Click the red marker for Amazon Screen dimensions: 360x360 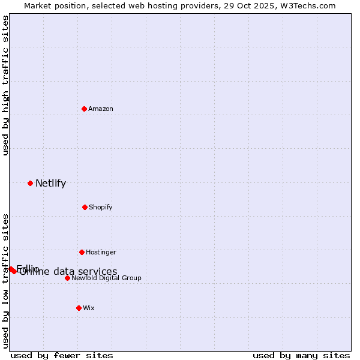(x=84, y=109)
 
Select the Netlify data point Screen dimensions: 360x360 (x=30, y=183)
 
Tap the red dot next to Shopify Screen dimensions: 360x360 (x=85, y=207)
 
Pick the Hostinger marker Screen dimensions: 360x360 (x=82, y=252)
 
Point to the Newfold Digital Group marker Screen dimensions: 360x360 (x=67, y=278)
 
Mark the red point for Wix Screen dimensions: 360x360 (x=79, y=308)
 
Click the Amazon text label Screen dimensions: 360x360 (x=101, y=109)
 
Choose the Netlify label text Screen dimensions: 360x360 (x=50, y=184)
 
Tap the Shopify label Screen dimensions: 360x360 (x=100, y=207)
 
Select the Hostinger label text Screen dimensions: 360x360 (x=101, y=252)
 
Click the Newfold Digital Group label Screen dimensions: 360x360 (x=106, y=278)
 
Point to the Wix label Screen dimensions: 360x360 (x=88, y=308)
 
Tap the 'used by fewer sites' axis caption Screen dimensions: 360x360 (x=62, y=355)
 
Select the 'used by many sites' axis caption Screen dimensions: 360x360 (x=301, y=355)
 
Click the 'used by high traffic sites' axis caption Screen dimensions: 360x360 (x=5, y=85)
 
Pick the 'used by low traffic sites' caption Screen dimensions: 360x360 (x=5, y=281)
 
